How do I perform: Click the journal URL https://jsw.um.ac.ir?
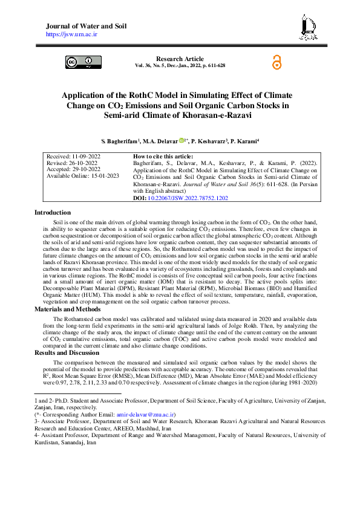pos(71,34)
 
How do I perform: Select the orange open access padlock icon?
pos(277,62)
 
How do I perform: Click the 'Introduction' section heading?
pos(53,212)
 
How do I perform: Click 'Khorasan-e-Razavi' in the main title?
pos(180,115)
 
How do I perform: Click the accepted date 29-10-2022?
pos(82,169)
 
